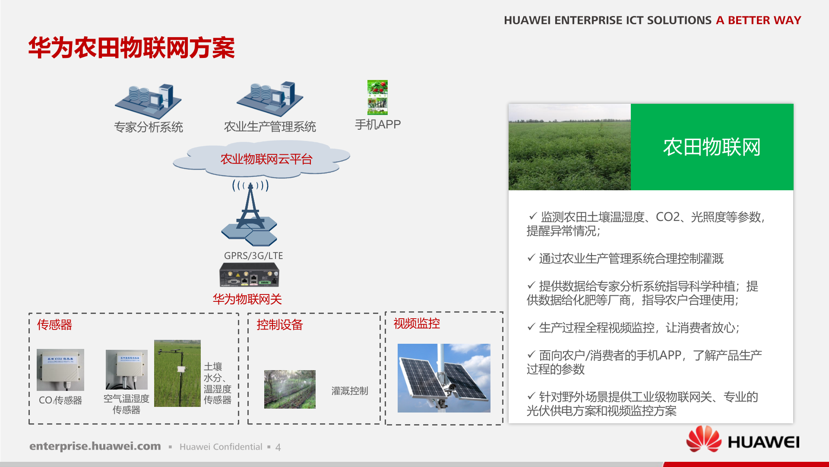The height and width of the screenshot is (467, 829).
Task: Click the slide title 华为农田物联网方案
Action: [132, 48]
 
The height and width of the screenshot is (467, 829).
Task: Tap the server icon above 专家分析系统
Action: [148, 101]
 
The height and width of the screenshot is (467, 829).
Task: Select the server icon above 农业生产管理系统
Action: [270, 99]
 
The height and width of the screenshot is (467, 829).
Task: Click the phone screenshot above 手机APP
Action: [377, 97]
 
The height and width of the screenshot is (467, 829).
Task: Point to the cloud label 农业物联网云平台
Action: [266, 159]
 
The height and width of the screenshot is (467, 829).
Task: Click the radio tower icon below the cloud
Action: [250, 212]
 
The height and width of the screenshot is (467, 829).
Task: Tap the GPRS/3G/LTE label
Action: [253, 256]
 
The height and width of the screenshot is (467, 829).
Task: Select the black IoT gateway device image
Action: [249, 275]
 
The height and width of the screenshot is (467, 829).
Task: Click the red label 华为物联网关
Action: [247, 299]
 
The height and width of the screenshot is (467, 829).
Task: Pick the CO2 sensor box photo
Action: [60, 370]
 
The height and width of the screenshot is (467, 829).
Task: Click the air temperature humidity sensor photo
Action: [127, 370]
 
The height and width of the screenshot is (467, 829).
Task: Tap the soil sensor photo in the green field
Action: [177, 373]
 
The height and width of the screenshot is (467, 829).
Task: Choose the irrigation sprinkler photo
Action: [290, 389]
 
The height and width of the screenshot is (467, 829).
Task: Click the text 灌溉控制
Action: [350, 391]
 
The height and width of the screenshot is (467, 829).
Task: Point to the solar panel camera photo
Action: [444, 378]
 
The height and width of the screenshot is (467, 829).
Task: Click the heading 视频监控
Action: [417, 323]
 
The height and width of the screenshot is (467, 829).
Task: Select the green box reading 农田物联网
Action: [712, 147]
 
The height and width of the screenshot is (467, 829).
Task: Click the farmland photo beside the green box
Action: [570, 147]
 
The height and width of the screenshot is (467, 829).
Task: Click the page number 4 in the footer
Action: [278, 447]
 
